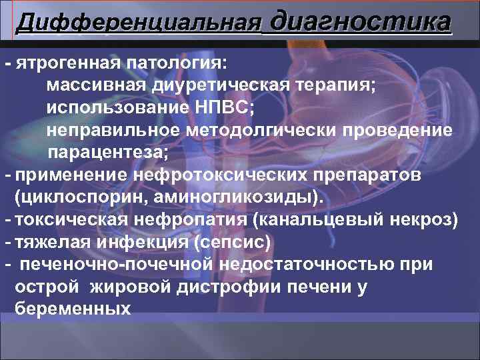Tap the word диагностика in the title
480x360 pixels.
coord(361,21)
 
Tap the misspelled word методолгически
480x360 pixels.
coord(260,130)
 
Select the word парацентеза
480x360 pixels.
coord(107,152)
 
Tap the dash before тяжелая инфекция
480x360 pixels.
coord(7,241)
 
